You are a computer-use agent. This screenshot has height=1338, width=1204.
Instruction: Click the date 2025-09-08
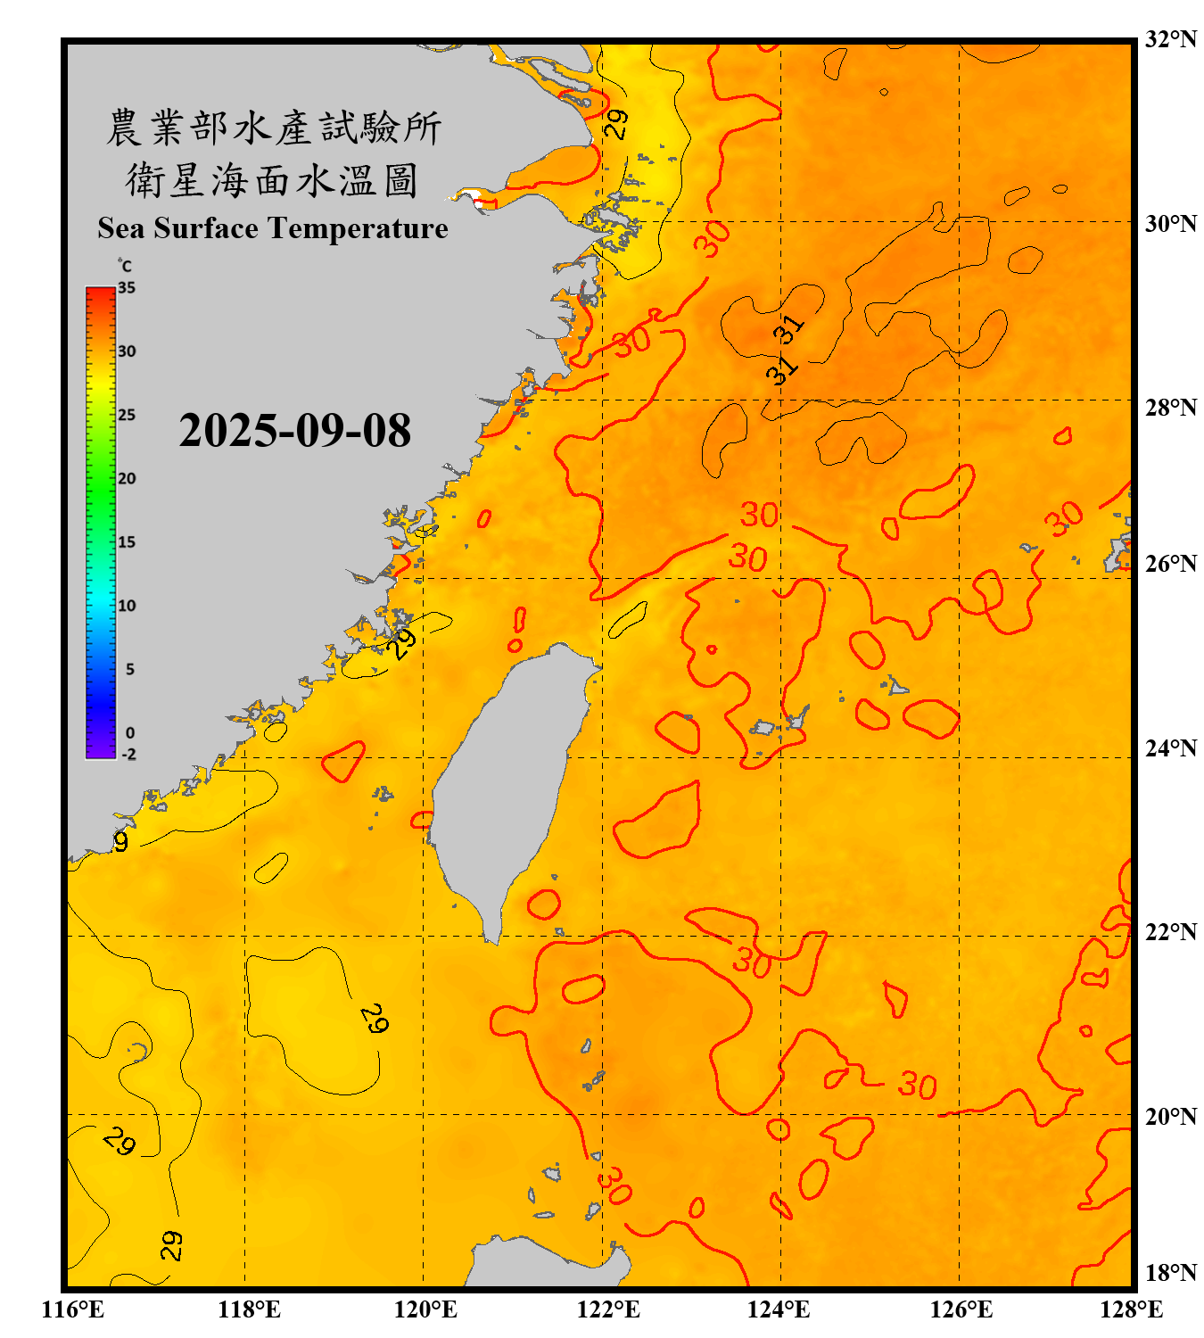(294, 431)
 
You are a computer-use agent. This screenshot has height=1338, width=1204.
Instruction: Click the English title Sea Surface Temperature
(273, 228)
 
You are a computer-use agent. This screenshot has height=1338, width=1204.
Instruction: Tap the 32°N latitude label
(1170, 39)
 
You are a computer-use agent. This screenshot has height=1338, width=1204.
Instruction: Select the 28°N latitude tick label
(1170, 408)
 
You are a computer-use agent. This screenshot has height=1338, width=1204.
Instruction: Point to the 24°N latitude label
(1170, 747)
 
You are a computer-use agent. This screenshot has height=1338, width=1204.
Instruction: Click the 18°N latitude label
(1170, 1273)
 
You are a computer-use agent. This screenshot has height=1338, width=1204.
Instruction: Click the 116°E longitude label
(73, 1309)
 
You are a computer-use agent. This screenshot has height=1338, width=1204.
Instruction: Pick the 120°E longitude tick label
(425, 1309)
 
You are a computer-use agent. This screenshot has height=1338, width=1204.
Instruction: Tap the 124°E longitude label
(779, 1309)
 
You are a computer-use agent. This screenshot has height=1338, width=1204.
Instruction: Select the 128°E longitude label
(1131, 1309)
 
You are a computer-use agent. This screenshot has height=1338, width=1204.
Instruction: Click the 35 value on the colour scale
(127, 288)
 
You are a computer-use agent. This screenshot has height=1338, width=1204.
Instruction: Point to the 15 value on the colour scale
(127, 542)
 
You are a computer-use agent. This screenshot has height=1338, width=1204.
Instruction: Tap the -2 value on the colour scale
(128, 754)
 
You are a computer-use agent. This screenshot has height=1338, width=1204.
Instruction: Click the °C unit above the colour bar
(124, 266)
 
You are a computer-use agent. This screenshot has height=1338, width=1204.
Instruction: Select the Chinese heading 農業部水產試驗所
(273, 128)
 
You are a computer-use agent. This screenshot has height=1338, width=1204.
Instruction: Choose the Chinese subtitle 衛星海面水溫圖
(273, 180)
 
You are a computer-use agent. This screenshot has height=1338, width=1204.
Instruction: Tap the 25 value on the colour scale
(127, 415)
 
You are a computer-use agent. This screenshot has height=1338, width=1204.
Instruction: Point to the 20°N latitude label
(1170, 1116)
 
